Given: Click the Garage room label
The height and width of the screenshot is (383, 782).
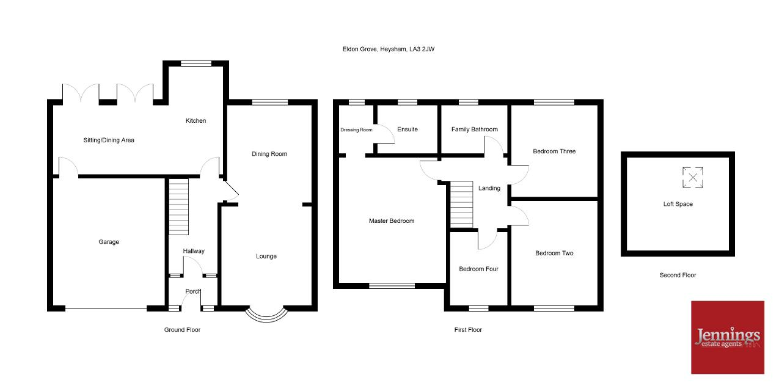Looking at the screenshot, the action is click(x=109, y=242).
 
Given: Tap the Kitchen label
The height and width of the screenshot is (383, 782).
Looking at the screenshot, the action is click(x=195, y=120).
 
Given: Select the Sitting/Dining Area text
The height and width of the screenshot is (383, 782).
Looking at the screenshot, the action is click(x=109, y=140).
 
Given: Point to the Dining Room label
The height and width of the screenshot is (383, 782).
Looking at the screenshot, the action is click(x=269, y=153).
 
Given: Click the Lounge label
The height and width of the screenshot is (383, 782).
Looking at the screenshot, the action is click(x=266, y=257).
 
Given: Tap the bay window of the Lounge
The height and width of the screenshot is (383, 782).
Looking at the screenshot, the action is click(x=266, y=316).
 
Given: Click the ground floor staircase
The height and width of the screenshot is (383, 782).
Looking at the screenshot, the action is click(x=179, y=206).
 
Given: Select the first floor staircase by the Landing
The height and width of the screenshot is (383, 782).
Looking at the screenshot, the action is click(x=461, y=204).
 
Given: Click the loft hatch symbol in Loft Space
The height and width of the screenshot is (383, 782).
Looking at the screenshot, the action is click(x=693, y=177).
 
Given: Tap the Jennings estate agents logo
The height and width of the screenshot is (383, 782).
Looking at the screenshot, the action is click(x=728, y=337).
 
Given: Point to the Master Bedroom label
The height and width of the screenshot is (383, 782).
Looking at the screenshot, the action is click(x=392, y=221).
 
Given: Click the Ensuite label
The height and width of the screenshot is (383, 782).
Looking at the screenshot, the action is click(x=407, y=129).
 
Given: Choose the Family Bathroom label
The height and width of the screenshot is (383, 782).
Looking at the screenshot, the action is click(x=475, y=129).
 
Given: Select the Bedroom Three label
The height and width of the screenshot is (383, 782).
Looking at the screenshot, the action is click(x=554, y=151).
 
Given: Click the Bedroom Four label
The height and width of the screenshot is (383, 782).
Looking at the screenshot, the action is click(x=478, y=269).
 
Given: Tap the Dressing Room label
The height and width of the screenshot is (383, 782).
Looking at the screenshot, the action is click(x=356, y=130).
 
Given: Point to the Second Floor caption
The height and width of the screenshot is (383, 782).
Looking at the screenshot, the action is click(x=678, y=275).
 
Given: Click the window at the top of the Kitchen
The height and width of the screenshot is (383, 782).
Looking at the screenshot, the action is click(x=196, y=63).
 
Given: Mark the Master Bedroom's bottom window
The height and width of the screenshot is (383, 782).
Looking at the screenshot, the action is click(x=392, y=286).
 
